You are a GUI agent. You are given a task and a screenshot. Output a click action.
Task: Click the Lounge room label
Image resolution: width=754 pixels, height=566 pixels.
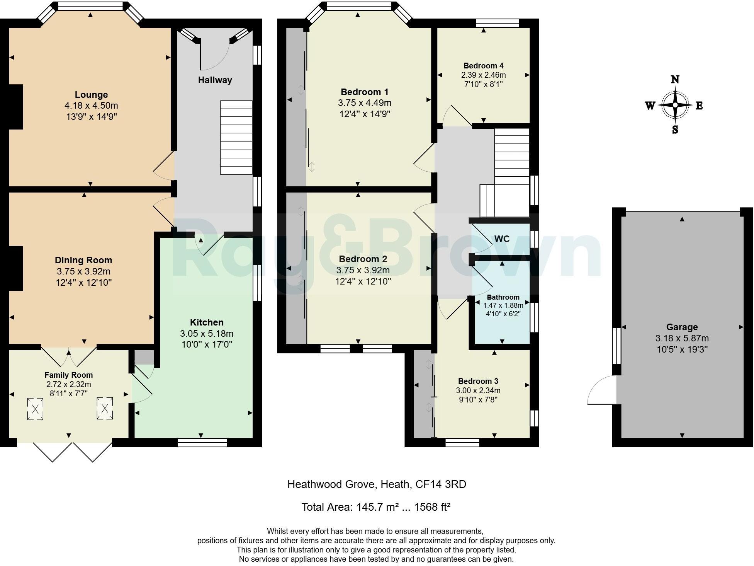coord(91,95)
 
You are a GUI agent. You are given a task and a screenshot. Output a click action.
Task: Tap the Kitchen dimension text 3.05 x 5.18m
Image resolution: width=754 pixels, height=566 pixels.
coord(206,333)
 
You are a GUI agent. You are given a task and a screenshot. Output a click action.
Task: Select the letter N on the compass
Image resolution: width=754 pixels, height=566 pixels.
coord(675,80)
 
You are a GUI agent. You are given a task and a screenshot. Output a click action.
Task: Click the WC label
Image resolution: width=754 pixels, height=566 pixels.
coord(502,239)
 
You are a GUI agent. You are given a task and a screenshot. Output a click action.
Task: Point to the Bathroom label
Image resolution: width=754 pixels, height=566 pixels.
coord(503,297)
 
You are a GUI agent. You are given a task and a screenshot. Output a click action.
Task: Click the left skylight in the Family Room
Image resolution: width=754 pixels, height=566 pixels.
coord(35,409)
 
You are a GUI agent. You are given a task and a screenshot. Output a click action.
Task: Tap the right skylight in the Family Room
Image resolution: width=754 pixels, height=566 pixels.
coord(105,408)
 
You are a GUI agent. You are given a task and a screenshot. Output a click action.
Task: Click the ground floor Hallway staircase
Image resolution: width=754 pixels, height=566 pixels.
coord(236,138)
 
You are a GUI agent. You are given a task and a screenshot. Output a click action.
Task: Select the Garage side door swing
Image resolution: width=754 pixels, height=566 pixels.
coord(602,390)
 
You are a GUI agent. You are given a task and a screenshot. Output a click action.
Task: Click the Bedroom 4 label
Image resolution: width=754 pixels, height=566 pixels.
coord(483,66)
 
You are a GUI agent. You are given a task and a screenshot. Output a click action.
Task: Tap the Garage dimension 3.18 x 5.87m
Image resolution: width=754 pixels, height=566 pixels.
coord(682,338)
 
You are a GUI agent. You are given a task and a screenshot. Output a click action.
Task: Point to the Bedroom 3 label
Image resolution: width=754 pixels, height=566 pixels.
coord(478,381)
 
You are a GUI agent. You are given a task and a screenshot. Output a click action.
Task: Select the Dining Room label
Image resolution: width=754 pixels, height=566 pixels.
coord(83,260)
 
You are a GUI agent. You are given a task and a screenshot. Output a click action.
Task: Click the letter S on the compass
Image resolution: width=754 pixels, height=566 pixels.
coord(675,130)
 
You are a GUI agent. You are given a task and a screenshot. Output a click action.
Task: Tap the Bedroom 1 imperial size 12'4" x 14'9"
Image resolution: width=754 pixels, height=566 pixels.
coord(364,114)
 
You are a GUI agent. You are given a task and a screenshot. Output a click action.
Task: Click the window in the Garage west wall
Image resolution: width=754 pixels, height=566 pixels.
coord(616,346)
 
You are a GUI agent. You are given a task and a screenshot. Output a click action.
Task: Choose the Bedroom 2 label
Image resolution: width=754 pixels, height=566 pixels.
coord(363,259)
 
